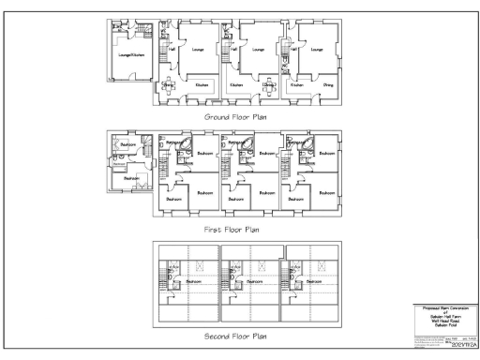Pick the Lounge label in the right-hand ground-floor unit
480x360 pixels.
316,49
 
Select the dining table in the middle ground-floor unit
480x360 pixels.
268,79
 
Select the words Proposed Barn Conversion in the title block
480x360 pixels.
439,307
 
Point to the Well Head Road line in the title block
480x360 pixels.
439,321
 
